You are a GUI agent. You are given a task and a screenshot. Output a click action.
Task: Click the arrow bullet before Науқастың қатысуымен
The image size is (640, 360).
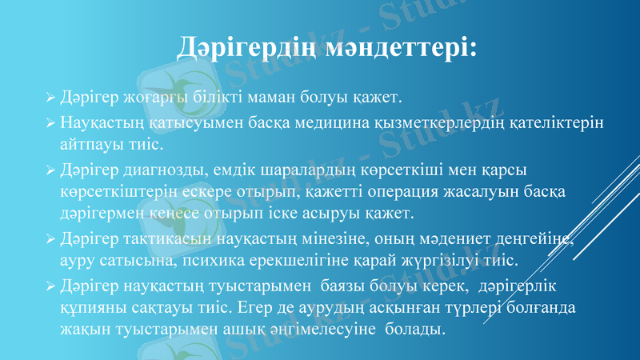tap(50, 123)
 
